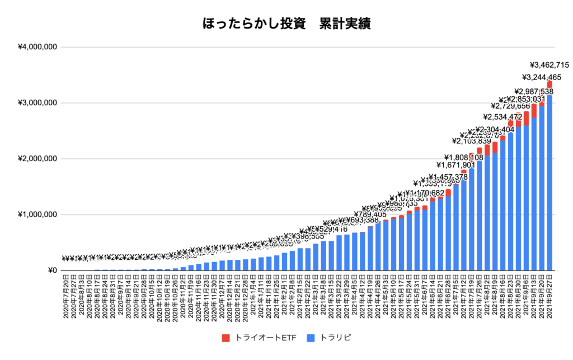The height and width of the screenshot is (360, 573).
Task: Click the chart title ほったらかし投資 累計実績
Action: [x=286, y=24]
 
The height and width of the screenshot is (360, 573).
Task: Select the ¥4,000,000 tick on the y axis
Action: [x=37, y=47]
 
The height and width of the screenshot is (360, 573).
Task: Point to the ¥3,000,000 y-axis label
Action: [x=37, y=103]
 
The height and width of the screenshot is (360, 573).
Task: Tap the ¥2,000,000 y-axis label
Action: [x=37, y=159]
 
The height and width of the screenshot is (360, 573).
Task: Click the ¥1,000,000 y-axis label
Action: [x=37, y=215]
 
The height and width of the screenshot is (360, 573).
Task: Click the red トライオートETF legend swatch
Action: [x=226, y=338]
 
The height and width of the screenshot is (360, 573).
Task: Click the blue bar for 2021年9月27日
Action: [x=549, y=179]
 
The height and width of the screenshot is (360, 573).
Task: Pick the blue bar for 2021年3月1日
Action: [x=315, y=257]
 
